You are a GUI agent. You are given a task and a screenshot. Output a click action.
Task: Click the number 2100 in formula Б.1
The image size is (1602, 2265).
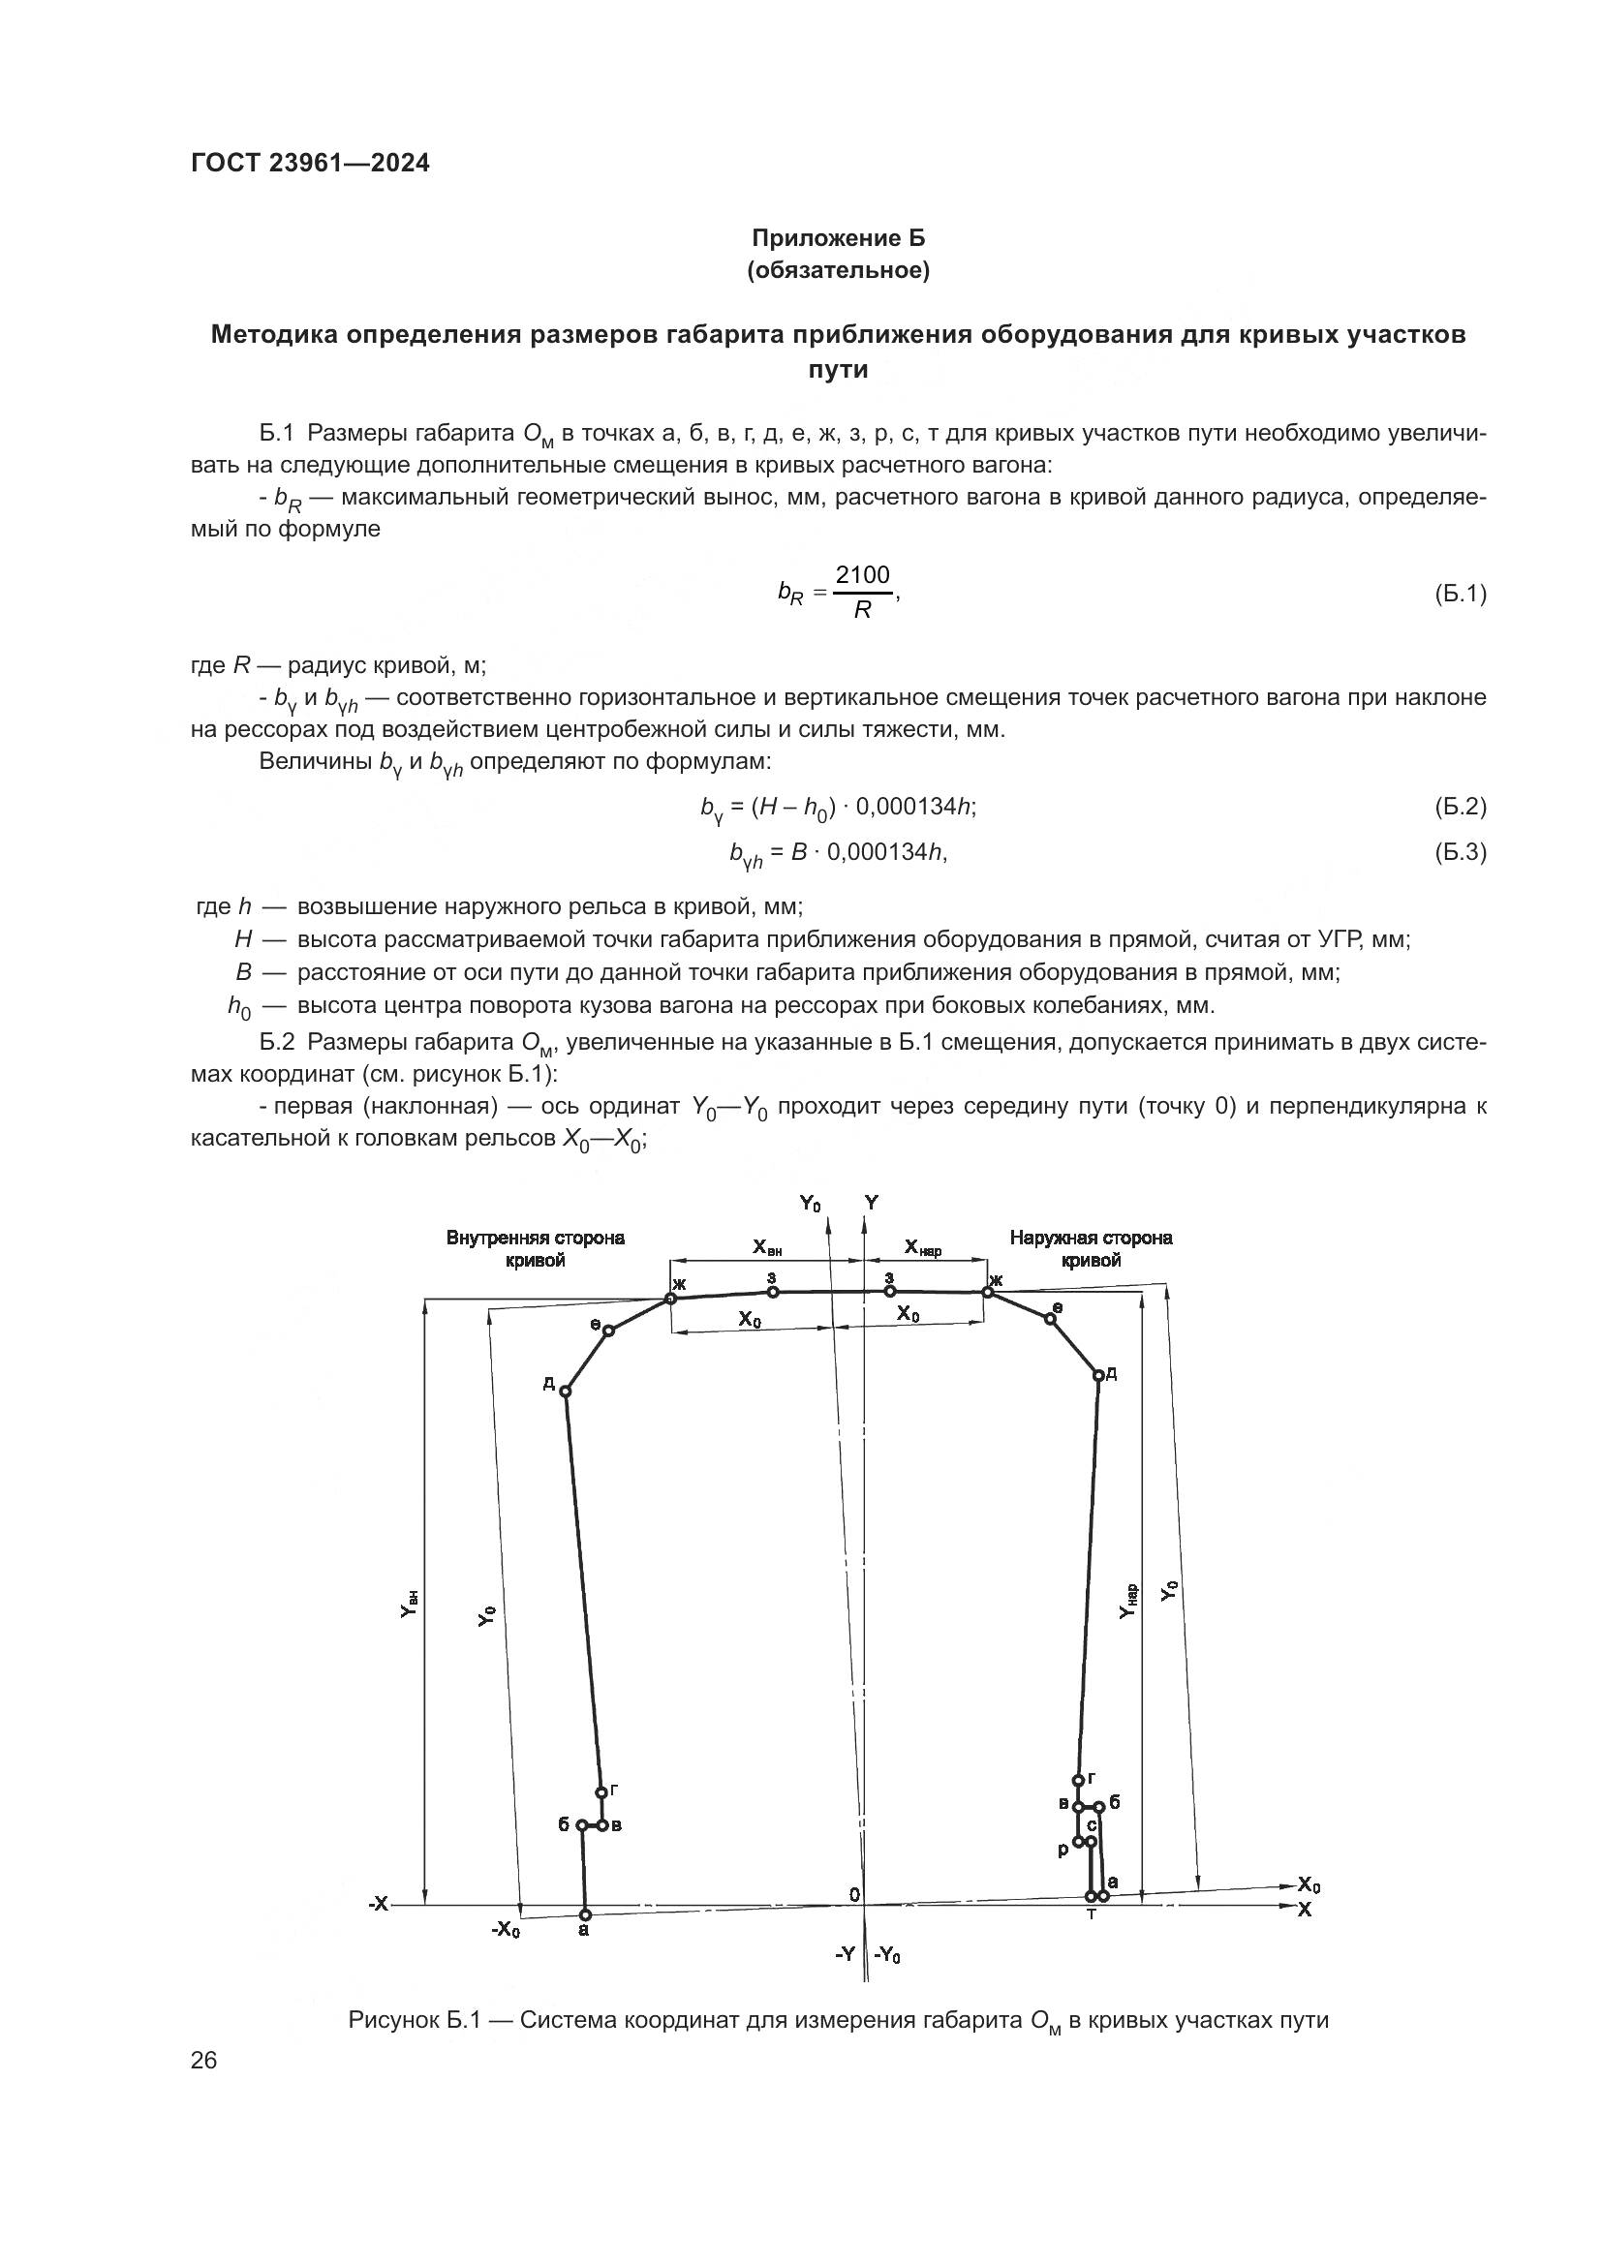[x=861, y=575]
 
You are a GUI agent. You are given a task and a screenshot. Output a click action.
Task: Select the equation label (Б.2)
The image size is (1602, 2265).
[x=1459, y=807]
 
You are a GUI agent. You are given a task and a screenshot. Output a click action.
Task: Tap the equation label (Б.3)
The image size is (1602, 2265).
[x=1459, y=852]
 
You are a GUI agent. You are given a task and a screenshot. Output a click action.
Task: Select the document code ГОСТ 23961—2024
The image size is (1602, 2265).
[x=311, y=163]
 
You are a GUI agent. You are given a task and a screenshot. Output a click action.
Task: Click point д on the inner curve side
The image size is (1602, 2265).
[x=566, y=1391]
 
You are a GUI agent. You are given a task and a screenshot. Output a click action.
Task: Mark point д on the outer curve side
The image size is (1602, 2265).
[x=1098, y=1375]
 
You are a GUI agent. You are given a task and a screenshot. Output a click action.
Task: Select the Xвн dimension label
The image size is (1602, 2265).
[x=767, y=1248]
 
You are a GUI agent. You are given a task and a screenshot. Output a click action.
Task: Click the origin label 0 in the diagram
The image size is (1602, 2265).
[x=854, y=1895]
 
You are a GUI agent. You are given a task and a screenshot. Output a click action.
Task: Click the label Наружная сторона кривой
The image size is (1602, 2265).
[x=1091, y=1249]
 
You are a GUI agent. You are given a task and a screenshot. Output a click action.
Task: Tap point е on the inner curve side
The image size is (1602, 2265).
[x=608, y=1331]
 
